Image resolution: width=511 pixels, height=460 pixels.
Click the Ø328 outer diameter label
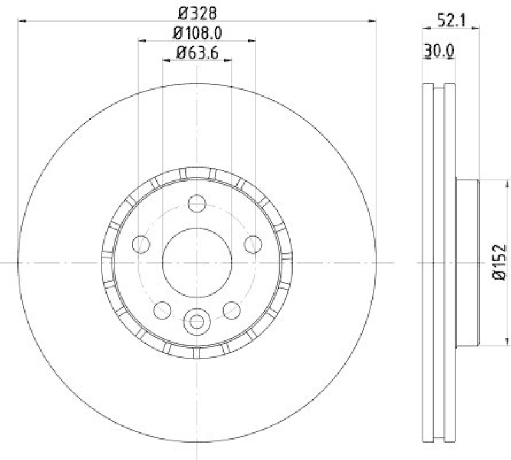pos(197,12)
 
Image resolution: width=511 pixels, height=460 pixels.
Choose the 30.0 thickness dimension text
pos(439,49)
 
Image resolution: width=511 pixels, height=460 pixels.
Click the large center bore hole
pos(197,262)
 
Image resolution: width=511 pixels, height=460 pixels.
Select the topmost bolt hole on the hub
pos(197,204)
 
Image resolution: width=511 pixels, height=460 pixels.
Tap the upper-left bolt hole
pos(141,244)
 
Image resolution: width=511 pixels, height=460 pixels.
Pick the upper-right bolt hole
pos(253,244)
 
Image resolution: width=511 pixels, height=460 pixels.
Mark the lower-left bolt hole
pos(162,310)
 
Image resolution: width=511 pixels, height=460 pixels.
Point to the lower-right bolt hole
pos(231,310)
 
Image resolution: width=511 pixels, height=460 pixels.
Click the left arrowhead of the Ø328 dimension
pos(21,21)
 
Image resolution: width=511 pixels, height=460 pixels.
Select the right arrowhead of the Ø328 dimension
pos(372,21)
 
